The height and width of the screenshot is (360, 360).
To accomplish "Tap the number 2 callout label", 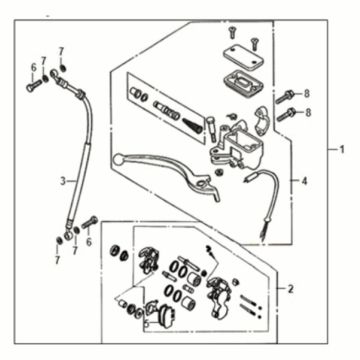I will click(x=291, y=289).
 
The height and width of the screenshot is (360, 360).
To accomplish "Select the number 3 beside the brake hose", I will click(x=62, y=181).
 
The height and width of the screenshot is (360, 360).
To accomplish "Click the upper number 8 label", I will click(x=307, y=94).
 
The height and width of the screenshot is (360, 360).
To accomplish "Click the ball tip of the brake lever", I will click(x=117, y=158).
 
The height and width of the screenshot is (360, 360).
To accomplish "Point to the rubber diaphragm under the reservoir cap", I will click(x=238, y=75).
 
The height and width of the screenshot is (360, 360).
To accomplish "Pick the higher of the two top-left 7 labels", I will click(x=61, y=50).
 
